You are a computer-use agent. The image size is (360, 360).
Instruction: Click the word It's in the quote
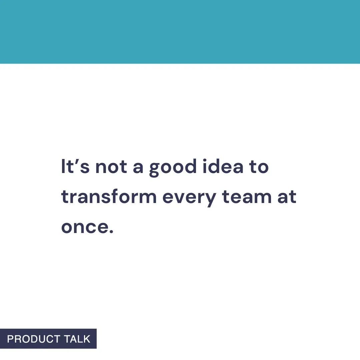point(75,166)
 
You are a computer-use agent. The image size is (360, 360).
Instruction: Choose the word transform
point(109,197)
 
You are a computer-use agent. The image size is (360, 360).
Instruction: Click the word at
point(287,197)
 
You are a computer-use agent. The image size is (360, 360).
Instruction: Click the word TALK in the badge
point(77,339)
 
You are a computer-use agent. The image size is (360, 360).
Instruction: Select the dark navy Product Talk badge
point(48,339)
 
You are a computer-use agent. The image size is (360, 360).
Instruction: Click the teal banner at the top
point(180,32)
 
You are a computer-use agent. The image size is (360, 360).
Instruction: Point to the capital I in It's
point(63,166)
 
